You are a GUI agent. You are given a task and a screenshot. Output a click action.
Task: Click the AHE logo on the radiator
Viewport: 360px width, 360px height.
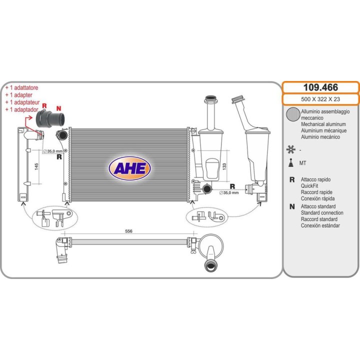click(x=129, y=168)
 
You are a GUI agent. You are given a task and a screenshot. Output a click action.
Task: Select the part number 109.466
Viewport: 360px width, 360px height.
click(x=320, y=87)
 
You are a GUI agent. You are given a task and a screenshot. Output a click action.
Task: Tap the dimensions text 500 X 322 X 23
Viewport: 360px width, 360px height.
click(x=320, y=99)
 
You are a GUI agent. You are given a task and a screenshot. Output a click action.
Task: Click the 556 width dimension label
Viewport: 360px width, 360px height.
click(x=128, y=231)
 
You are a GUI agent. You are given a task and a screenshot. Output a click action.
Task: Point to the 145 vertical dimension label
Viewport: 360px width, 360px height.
click(x=36, y=166)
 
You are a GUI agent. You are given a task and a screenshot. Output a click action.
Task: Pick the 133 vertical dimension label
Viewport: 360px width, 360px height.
click(x=224, y=166)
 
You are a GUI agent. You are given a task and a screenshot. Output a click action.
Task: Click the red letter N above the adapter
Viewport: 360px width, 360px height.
click(x=59, y=108)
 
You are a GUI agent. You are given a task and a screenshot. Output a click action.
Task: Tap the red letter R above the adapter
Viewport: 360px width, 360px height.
click(x=44, y=105)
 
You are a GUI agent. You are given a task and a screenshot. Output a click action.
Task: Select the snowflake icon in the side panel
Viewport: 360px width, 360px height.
click(x=290, y=149)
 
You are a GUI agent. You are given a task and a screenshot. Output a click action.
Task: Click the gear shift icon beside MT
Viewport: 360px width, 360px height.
click(x=291, y=163)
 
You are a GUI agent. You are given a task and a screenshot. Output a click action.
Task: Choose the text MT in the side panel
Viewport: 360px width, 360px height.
click(x=302, y=163)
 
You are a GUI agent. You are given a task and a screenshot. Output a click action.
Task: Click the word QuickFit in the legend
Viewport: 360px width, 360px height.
click(x=309, y=185)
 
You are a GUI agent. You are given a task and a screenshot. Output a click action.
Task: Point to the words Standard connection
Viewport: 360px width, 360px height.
click(x=322, y=213)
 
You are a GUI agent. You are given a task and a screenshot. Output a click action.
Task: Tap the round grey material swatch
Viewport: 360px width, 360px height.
click(x=293, y=114)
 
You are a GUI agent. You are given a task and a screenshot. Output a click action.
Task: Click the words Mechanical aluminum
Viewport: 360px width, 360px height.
click(x=323, y=124)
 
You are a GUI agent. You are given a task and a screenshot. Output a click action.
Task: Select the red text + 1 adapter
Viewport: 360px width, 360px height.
click(x=19, y=95)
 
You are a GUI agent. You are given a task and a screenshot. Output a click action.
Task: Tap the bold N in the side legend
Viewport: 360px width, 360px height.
click(x=292, y=206)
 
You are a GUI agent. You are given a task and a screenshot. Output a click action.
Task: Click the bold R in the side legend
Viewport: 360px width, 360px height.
click(x=292, y=179)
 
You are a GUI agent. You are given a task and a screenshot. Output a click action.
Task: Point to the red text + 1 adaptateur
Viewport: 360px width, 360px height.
click(x=22, y=102)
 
